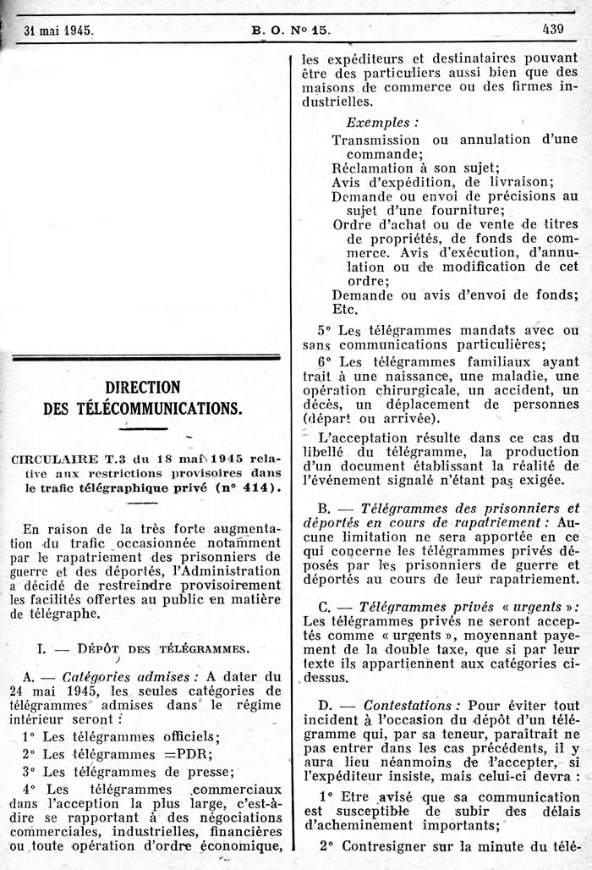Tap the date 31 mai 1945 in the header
58,30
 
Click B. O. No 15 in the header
290,30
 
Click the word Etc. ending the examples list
345,310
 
